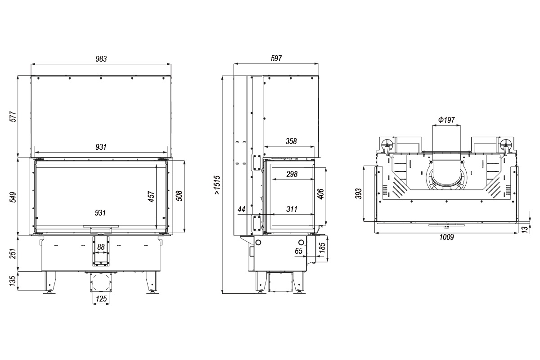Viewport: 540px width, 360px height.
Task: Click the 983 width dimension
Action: point(101,58)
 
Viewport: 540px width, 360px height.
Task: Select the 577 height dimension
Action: point(13,116)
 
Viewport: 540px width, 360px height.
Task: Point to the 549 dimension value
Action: point(13,196)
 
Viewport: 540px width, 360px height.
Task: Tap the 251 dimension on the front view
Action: point(13,253)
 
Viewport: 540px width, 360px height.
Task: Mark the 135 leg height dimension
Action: point(13,281)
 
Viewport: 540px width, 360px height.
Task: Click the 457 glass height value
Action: point(152,196)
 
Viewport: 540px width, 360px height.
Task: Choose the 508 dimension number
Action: point(179,196)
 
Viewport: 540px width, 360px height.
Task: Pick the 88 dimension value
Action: point(101,247)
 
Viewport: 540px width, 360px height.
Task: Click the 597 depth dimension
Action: point(276,58)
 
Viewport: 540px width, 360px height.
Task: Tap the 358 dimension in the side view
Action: point(291,141)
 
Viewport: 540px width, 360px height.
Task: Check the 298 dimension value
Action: point(292,174)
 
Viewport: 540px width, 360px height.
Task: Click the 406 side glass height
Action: point(320,193)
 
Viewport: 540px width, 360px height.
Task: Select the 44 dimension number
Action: point(241,209)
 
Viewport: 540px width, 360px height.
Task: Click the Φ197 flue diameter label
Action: point(446,120)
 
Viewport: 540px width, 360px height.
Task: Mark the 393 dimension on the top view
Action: point(359,193)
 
